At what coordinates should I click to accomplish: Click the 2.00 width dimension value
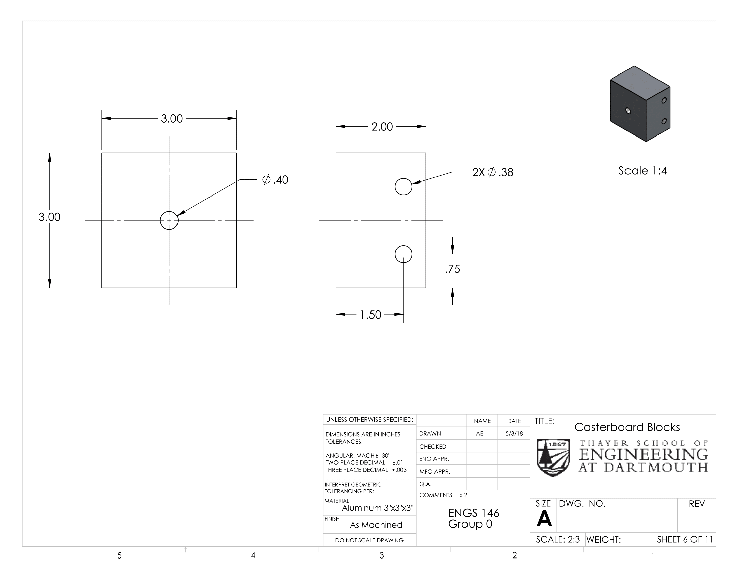click(382, 127)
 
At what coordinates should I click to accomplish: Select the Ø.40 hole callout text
click(275, 180)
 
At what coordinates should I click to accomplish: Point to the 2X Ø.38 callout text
click(493, 172)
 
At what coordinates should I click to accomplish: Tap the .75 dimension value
click(453, 269)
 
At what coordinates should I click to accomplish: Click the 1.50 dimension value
click(370, 315)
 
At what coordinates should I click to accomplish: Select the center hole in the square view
click(169, 220)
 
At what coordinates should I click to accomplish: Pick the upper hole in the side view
click(404, 186)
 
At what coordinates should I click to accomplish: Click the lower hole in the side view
click(404, 254)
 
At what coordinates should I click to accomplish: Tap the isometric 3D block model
click(640, 103)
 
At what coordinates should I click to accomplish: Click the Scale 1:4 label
click(643, 171)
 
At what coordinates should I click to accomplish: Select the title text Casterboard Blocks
click(627, 427)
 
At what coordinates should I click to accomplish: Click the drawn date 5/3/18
click(514, 433)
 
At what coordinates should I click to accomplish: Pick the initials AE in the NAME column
click(479, 433)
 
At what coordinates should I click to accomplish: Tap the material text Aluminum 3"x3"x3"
click(378, 508)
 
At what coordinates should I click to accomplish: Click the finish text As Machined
click(376, 525)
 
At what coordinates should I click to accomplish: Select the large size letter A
click(544, 518)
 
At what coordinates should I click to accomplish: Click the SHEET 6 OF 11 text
click(685, 539)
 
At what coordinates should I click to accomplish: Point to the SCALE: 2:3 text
click(558, 539)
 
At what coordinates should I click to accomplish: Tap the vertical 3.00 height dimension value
click(50, 217)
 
